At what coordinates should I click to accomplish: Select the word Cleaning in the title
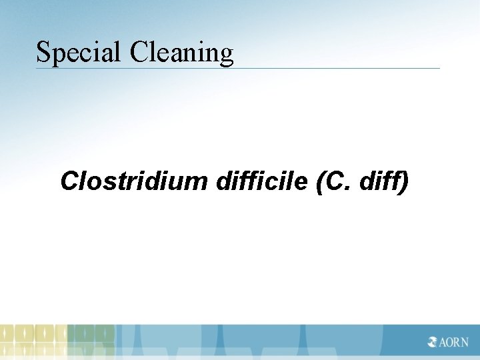[182, 52]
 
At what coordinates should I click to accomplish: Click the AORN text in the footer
[454, 342]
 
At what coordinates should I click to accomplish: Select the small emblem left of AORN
[433, 342]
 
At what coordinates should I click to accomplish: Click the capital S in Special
[43, 52]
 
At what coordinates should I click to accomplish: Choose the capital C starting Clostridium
[69, 181]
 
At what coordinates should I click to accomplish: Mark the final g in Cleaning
[227, 55]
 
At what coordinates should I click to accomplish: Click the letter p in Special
[57, 55]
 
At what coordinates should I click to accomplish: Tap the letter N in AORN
[464, 342]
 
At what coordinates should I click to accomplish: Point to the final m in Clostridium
[199, 182]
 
